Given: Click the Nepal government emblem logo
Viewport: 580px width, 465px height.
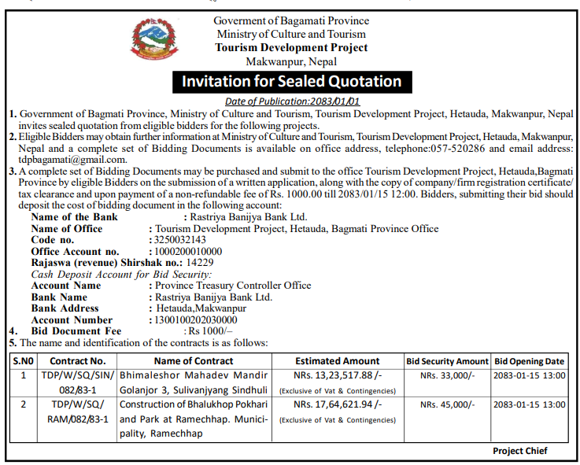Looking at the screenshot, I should [x=153, y=44].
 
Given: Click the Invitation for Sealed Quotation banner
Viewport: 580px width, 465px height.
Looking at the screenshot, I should [x=292, y=82].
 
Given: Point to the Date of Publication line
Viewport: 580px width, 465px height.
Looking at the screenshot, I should [x=292, y=101].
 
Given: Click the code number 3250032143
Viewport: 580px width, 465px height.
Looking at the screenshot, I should [x=178, y=240].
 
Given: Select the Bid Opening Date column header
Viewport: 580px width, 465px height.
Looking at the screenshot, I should [x=530, y=361].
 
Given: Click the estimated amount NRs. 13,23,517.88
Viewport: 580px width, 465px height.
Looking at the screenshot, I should [x=338, y=375].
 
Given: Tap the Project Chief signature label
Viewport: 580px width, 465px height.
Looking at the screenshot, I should [x=519, y=451].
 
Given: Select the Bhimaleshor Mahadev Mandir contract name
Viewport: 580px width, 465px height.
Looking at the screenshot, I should [x=194, y=375].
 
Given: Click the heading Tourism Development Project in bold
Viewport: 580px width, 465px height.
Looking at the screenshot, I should [x=292, y=47].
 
